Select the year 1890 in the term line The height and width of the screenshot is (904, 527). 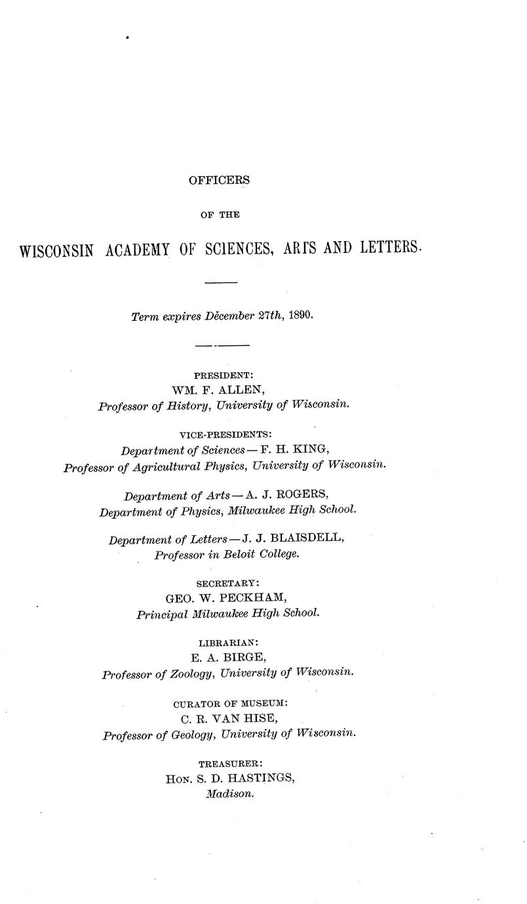coord(300,316)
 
